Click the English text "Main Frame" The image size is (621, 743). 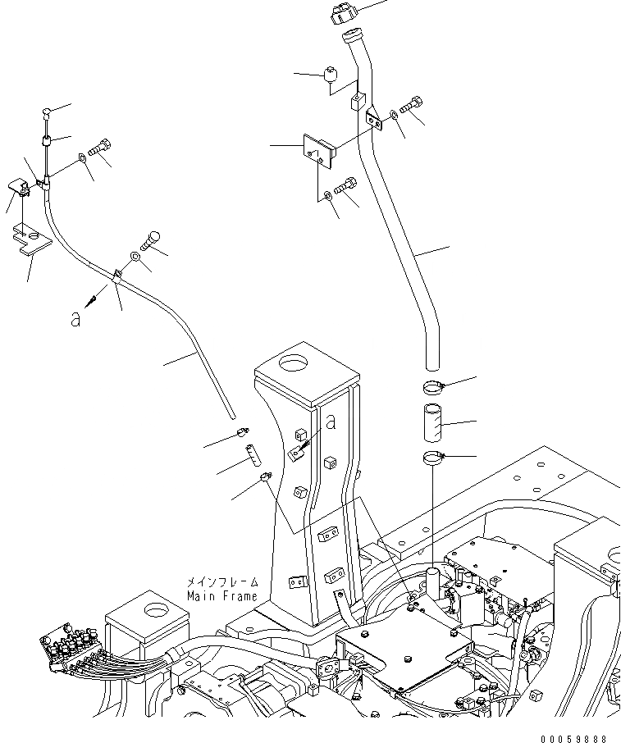(221, 596)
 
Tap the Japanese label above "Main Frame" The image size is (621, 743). (221, 581)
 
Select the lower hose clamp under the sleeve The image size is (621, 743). (433, 457)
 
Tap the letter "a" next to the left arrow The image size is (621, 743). (75, 319)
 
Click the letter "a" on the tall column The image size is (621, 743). (331, 423)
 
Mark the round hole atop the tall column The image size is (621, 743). (294, 361)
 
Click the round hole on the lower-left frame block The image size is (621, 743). (153, 609)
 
